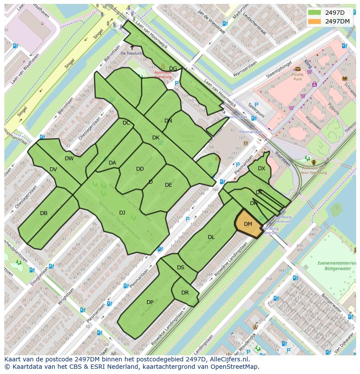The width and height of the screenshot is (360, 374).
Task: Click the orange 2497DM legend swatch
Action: tap(315, 21)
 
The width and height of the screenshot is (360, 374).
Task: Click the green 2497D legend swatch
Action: tap(315, 12)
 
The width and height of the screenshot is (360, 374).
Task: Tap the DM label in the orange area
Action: tap(248, 224)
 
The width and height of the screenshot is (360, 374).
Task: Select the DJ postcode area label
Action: tap(122, 212)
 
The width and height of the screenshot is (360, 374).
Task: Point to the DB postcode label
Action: tap(43, 213)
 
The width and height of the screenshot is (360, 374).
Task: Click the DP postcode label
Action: tap(150, 302)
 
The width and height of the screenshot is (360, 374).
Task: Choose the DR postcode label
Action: tap(185, 292)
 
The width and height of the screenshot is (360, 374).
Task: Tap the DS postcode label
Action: tap(180, 268)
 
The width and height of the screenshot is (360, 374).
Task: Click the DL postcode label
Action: tap(211, 237)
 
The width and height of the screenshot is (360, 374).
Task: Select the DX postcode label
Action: tap(261, 169)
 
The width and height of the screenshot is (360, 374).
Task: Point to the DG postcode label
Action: tap(173, 69)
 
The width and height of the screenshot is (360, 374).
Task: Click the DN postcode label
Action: tap(168, 121)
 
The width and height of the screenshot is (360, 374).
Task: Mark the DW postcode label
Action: tap(69, 159)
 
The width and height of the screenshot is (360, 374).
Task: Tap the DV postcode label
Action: tap(53, 169)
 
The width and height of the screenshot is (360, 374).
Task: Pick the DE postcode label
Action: tap(168, 185)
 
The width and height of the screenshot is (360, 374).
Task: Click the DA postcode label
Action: tap(112, 163)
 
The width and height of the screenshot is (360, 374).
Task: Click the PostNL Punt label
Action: tap(297, 77)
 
